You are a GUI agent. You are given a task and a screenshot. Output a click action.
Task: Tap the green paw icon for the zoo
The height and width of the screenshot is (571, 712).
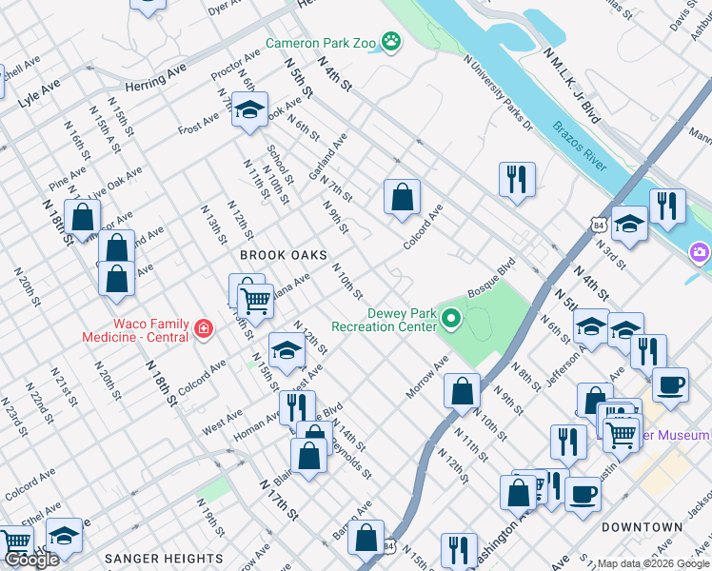coord(390,41)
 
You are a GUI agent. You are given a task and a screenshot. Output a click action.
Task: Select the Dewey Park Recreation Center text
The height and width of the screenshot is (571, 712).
coord(384,320)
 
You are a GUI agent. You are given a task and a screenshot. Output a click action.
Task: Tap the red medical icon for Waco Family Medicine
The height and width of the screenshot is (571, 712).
coord(202,329)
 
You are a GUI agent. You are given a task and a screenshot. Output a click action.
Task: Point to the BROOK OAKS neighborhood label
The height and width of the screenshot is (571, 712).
coord(283,256)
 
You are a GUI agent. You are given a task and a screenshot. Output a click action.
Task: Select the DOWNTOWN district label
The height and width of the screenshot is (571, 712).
coord(642,526)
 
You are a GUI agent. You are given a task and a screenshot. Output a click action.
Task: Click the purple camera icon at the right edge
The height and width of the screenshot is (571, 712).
coord(700,252)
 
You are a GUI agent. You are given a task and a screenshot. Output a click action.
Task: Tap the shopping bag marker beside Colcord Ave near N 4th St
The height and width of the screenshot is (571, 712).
coord(403,197)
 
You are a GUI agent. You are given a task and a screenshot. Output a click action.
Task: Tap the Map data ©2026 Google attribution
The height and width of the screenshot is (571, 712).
coord(652,563)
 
